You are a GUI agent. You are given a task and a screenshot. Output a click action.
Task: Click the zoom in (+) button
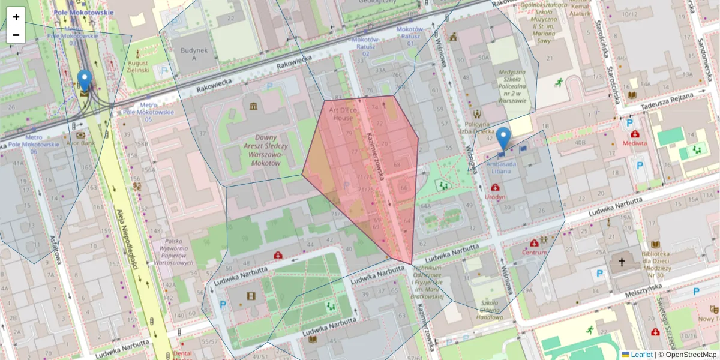click(16, 17)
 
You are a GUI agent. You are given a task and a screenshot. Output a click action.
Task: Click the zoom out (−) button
click(16, 35)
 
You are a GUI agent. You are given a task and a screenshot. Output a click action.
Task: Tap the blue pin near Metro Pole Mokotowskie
click(85, 81)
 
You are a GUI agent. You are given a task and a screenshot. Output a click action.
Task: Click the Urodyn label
click(497, 196)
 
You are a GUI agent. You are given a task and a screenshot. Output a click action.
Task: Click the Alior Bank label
click(81, 143)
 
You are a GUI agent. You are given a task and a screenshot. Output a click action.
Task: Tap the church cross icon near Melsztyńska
click(622, 262)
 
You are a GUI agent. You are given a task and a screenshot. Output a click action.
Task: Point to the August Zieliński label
click(138, 66)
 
